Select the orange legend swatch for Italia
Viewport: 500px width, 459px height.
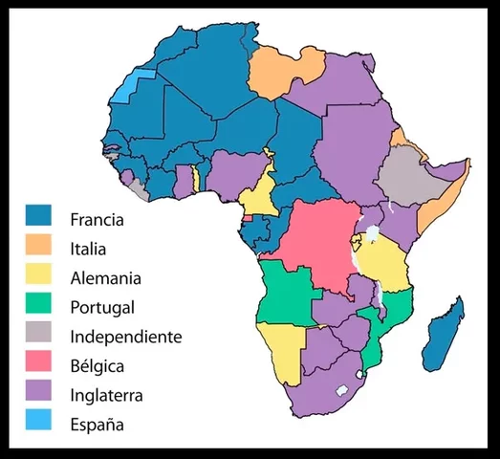[38, 249]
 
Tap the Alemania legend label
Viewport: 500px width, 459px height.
[105, 278]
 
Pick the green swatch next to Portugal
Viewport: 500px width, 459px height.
[38, 307]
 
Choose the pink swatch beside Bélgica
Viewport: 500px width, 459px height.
[38, 365]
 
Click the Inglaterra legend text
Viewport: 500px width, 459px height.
[110, 394]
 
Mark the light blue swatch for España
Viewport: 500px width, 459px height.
[38, 423]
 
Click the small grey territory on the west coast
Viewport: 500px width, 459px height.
[141, 190]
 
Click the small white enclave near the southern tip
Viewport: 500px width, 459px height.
[341, 390]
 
